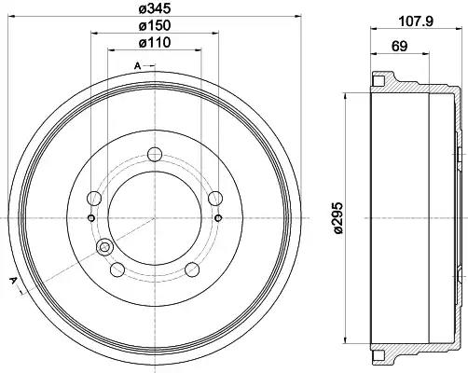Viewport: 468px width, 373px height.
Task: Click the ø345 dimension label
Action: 155,9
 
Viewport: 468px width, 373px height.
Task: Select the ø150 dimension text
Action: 155,25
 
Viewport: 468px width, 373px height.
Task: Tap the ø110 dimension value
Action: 155,42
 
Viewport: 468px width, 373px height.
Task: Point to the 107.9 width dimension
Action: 416,21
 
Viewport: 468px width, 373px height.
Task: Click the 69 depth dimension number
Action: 399,47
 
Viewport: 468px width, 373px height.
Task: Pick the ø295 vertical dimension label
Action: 337,217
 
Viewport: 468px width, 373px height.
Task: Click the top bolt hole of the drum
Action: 155,155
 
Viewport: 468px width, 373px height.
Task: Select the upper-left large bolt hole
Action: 94,198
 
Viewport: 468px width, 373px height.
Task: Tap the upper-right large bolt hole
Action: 215,199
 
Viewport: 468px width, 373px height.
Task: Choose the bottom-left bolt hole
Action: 117,269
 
